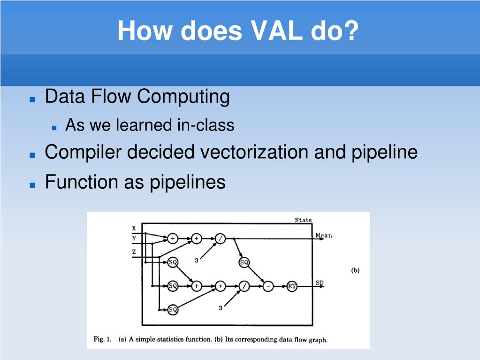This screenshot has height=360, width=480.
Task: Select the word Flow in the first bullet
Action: tap(111, 96)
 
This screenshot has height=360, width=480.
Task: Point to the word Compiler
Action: tap(83, 153)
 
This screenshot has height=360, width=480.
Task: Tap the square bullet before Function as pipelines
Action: tap(32, 185)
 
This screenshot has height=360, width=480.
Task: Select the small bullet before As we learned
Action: tap(54, 128)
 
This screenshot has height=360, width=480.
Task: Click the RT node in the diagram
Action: tap(292, 286)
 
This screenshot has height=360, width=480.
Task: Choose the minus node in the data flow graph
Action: tap(268, 286)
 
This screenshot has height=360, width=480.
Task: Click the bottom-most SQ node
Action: tap(173, 309)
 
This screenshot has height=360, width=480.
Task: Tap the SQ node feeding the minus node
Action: tap(244, 262)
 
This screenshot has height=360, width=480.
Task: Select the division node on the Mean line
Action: tap(220, 238)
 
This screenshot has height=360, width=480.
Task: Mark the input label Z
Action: tap(134, 252)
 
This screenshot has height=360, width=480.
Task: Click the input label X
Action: tap(134, 228)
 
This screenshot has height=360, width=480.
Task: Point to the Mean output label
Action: tap(324, 236)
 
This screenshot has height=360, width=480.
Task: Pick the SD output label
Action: tap(320, 283)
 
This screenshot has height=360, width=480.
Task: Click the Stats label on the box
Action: tap(304, 220)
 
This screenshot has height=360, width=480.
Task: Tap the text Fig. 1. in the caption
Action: tap(102, 339)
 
